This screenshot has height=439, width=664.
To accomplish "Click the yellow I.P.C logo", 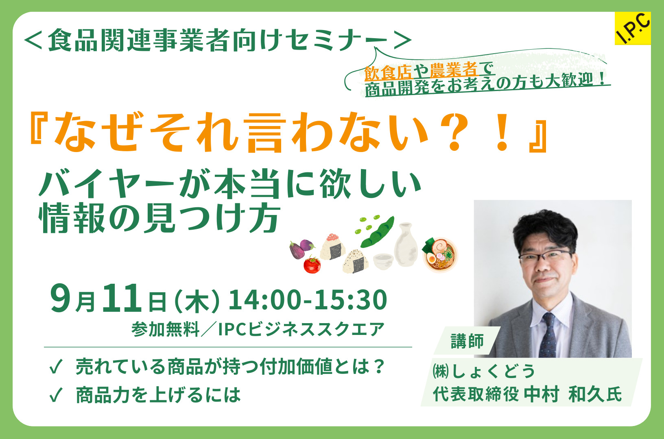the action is [633, 28].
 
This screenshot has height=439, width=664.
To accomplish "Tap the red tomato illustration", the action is [312, 265].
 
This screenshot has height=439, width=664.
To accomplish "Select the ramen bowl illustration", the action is [440, 255].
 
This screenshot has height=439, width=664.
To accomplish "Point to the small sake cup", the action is [383, 261].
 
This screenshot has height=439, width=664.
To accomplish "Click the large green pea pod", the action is [377, 233].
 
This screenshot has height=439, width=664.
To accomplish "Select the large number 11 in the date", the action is [122, 298].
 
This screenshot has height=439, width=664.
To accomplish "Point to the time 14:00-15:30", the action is [308, 300].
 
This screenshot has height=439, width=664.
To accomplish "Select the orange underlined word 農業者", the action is [454, 70].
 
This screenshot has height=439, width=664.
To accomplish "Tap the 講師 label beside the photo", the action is [467, 341].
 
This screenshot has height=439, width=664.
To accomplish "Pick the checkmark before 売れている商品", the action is [56, 367].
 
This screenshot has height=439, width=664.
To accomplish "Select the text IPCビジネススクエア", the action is [301, 329].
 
